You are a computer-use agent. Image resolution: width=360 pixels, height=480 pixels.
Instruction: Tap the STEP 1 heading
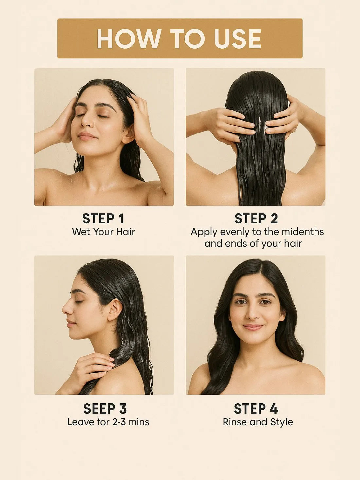tap(103, 219)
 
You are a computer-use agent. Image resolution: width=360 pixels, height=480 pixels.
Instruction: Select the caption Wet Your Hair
tap(103, 232)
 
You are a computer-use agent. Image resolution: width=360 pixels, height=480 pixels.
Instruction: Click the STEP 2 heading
tap(256, 219)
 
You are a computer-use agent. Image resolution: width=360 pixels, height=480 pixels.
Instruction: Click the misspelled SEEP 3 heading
tap(105, 409)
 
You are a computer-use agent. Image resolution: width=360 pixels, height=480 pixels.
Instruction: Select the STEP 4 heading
tap(256, 409)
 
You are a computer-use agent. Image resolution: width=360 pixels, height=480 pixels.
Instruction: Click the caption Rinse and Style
tap(258, 422)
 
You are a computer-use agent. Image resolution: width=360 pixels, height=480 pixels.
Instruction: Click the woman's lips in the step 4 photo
tap(253, 327)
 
